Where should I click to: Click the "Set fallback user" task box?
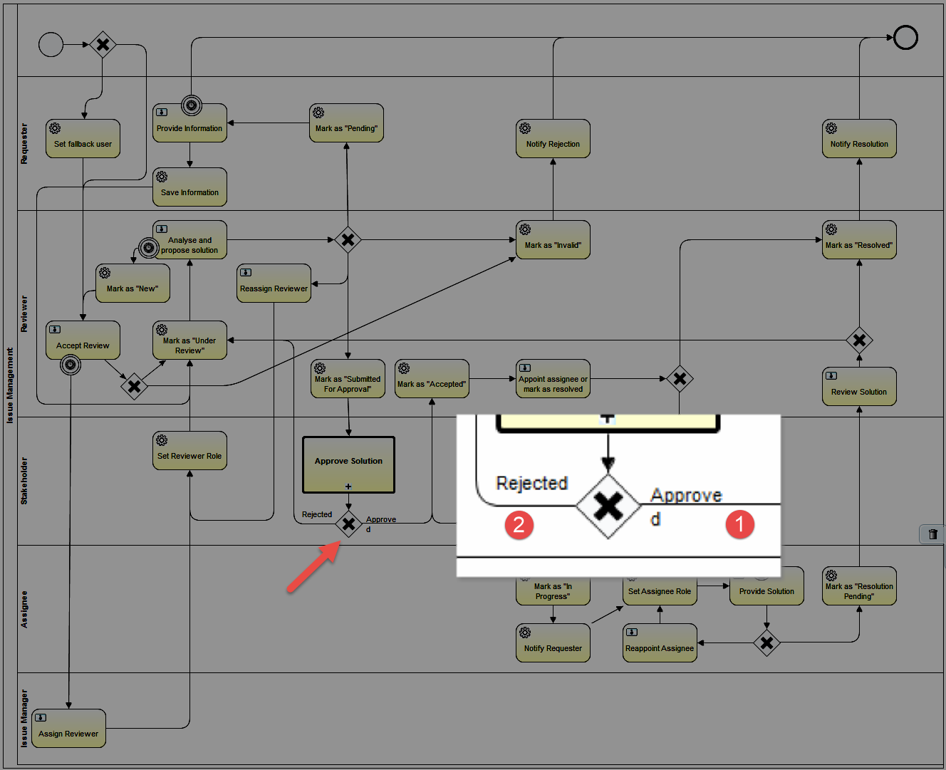(x=83, y=139)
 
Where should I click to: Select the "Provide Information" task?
(x=189, y=123)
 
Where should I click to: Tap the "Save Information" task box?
(x=189, y=187)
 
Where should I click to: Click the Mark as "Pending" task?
(x=346, y=123)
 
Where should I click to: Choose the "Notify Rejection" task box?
(x=553, y=139)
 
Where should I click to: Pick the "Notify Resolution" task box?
(x=859, y=139)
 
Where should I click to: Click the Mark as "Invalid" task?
(x=553, y=240)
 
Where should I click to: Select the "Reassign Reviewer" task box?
(x=274, y=283)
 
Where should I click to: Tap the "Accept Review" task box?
(x=83, y=340)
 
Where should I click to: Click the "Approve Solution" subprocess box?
(x=348, y=465)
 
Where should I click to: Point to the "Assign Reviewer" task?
(x=68, y=728)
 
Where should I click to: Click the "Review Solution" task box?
(x=859, y=386)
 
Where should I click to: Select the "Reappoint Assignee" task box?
(x=660, y=643)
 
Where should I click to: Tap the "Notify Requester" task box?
(x=553, y=643)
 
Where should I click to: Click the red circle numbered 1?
(x=740, y=524)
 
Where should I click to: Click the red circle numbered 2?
(x=519, y=525)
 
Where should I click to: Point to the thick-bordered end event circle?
(x=906, y=38)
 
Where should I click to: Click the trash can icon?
(x=932, y=534)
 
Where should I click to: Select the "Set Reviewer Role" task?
(x=189, y=451)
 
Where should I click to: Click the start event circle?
(x=51, y=44)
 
